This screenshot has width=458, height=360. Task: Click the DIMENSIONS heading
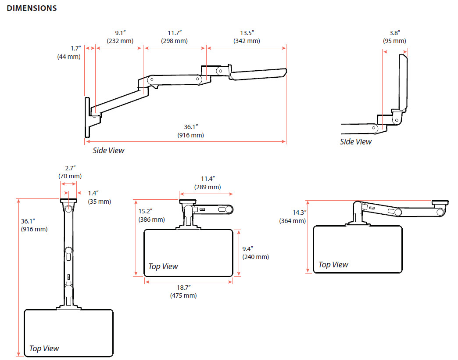click(32, 8)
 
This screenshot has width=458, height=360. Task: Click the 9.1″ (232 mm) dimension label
click(120, 37)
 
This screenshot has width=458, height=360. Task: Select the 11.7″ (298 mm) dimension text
click(174, 37)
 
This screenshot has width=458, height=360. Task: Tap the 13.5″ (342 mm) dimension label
click(247, 37)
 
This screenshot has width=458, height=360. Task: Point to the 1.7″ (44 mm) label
click(69, 53)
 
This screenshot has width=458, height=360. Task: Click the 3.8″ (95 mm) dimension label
click(395, 37)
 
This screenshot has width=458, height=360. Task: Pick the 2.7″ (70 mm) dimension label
click(70, 172)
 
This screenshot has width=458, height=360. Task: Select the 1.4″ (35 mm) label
click(99, 197)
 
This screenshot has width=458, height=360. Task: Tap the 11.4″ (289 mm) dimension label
click(208, 183)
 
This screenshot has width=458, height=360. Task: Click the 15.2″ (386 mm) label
click(152, 216)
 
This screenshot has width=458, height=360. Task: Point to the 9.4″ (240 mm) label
click(256, 253)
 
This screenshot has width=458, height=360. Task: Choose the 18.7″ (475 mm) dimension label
click(183, 292)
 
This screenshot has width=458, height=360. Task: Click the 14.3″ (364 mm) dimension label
click(293, 217)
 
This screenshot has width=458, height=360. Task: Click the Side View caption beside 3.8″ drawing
click(356, 142)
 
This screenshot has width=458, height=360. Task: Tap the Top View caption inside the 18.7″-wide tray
click(163, 266)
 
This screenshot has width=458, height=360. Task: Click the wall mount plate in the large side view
click(87, 117)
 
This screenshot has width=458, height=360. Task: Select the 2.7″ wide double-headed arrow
click(68, 184)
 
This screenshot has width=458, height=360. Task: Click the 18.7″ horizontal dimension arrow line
click(189, 282)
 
